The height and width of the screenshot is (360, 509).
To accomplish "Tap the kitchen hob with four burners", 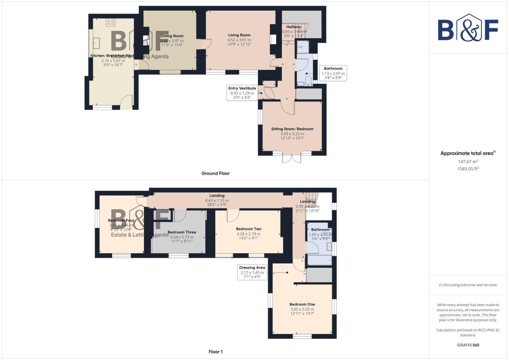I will (111, 22).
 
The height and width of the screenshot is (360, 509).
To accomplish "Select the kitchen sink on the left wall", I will (96, 43).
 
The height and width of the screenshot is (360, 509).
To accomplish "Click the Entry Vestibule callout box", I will (242, 93).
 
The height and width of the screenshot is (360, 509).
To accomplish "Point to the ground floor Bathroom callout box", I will (333, 73).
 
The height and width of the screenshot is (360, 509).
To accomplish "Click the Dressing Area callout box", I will (252, 272).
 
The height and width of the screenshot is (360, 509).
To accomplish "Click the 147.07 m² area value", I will (468, 162).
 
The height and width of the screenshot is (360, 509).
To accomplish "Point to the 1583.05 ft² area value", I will (468, 169).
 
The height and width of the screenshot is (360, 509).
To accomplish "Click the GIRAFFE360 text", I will (468, 345).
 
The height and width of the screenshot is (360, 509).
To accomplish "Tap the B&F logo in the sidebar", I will (468, 28).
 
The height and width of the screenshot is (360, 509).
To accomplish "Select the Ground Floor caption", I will (215, 173).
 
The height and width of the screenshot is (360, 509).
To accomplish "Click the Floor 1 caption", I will (215, 352).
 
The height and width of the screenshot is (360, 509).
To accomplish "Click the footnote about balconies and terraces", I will (468, 285).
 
